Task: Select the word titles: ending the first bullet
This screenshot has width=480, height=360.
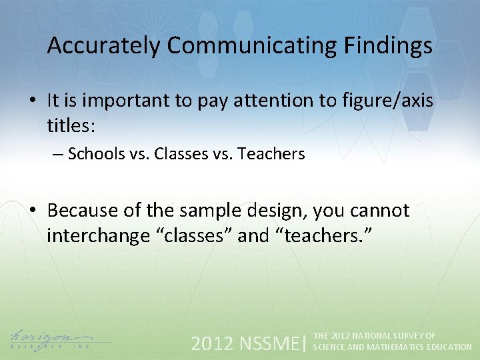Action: click(71, 124)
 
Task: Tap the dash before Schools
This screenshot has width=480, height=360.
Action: click(57, 154)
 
